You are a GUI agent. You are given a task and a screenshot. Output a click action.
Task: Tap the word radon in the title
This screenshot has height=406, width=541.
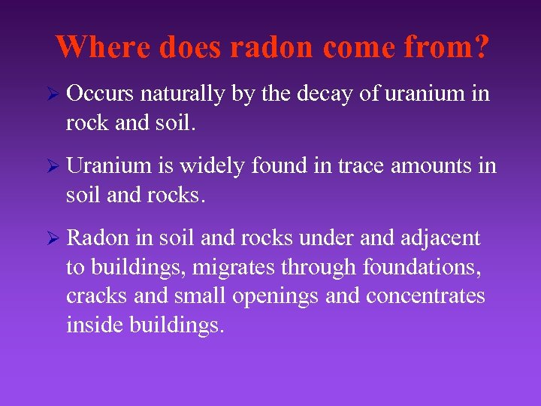pyautogui.click(x=272, y=47)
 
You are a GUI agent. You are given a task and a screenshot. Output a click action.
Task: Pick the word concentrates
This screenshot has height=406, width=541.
pyautogui.click(x=425, y=296)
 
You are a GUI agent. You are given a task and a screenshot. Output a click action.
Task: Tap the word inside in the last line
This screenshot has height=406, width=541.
pyautogui.click(x=93, y=326)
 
